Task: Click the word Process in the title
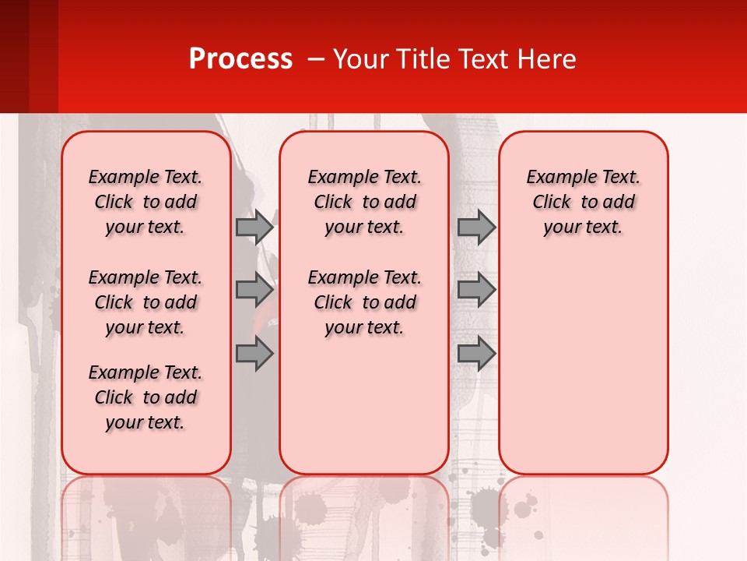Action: [240, 59]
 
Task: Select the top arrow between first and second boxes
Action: [254, 227]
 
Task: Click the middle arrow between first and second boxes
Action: [254, 290]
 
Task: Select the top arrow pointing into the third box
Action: [476, 227]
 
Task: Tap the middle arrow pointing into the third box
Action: [476, 290]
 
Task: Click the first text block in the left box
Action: [146, 202]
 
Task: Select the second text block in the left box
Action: [146, 302]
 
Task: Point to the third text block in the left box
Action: [146, 397]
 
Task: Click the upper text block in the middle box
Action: [364, 202]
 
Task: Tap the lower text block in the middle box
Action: [364, 302]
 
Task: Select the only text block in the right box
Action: [583, 202]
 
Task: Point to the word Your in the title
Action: [360, 59]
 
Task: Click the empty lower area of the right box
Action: [583, 366]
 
